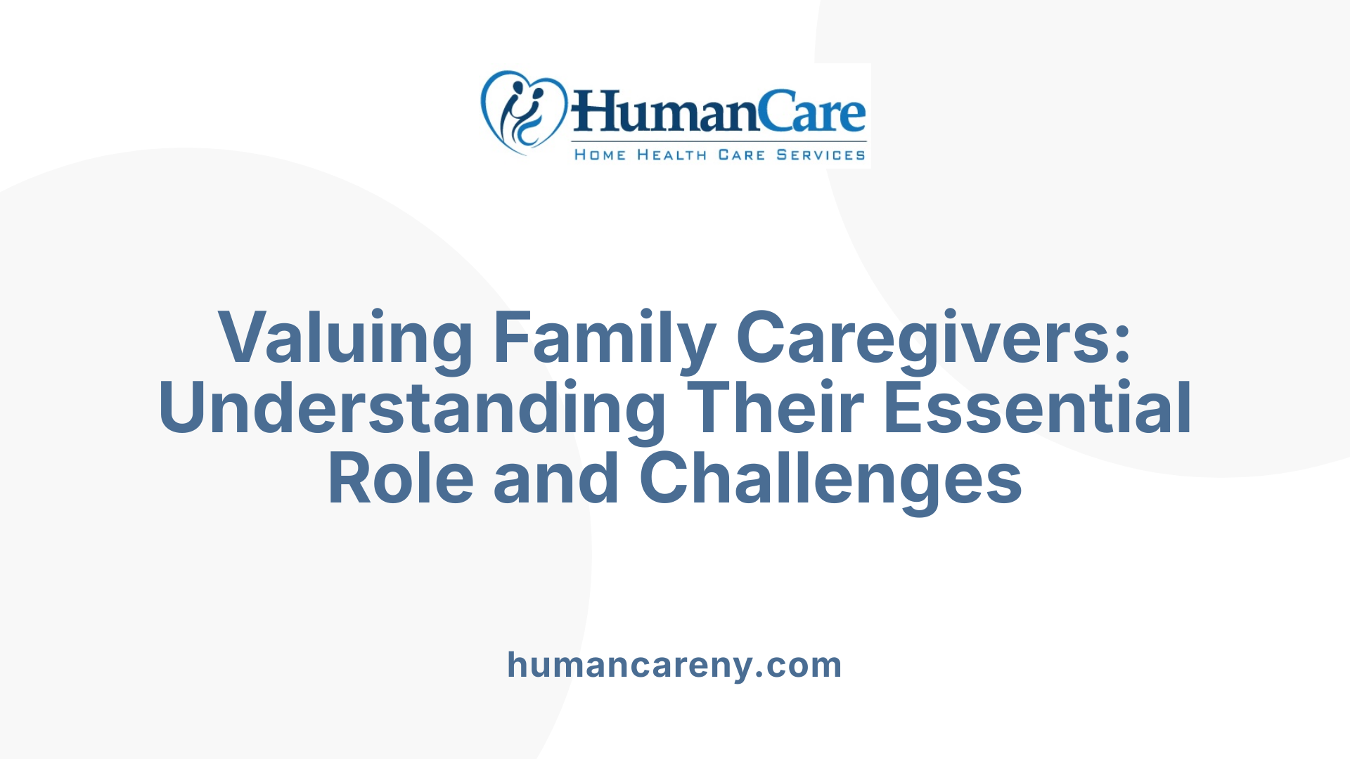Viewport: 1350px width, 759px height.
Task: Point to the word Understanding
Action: (x=412, y=409)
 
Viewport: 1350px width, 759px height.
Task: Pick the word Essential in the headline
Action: (x=1037, y=409)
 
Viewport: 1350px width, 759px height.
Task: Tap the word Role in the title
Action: (x=401, y=479)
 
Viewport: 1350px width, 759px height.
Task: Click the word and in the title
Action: (x=556, y=479)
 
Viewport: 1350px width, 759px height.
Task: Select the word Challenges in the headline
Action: (x=830, y=479)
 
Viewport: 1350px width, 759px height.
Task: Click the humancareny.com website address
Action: (x=674, y=665)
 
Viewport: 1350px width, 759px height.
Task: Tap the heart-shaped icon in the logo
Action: (x=523, y=112)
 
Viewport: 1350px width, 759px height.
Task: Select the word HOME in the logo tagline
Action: (x=600, y=155)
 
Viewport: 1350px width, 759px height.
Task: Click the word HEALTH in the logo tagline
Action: (x=671, y=155)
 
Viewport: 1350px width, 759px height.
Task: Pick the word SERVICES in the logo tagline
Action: (x=821, y=155)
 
